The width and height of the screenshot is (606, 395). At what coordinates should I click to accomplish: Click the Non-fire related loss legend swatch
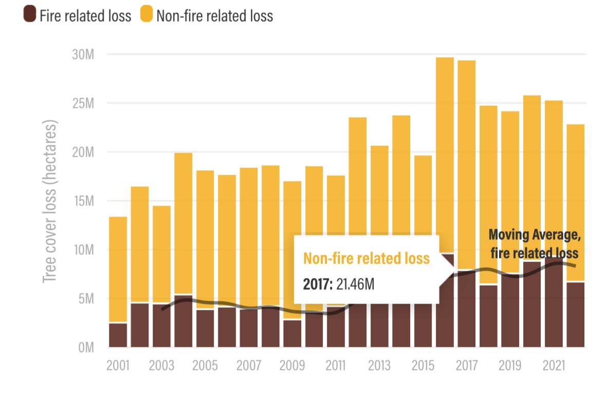pos(147,15)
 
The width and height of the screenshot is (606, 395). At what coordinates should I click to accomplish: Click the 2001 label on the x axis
pos(118,366)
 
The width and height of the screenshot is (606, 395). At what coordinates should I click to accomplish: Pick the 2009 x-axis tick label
pos(292,366)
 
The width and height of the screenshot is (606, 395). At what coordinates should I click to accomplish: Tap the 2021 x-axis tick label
pos(554,366)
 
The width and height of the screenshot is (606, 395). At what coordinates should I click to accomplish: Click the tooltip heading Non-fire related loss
pos(366,258)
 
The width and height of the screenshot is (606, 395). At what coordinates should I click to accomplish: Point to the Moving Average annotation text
pos(535,244)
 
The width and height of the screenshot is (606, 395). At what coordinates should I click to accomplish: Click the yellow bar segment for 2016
pos(445,154)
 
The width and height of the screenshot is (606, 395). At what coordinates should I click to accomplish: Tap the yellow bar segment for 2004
pos(183,223)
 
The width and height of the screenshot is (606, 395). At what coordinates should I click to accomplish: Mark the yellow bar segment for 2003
pos(161,254)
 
